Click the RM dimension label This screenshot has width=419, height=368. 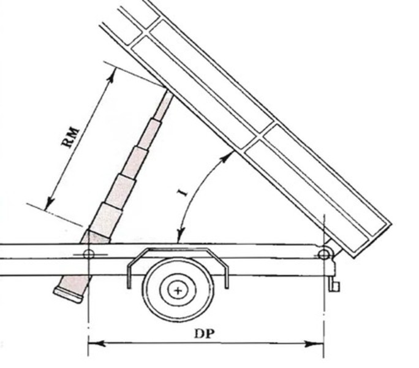pos(70,138)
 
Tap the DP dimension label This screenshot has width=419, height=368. pos(205,334)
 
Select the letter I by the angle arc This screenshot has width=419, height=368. pos(183,193)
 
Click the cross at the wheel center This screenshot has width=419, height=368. pos(178,290)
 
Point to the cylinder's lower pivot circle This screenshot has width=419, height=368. pos(89,254)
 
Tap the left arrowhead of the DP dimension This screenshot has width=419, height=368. pos(97,343)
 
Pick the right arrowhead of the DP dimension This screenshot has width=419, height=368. pos(315,343)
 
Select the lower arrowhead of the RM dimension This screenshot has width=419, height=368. pos(50,204)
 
